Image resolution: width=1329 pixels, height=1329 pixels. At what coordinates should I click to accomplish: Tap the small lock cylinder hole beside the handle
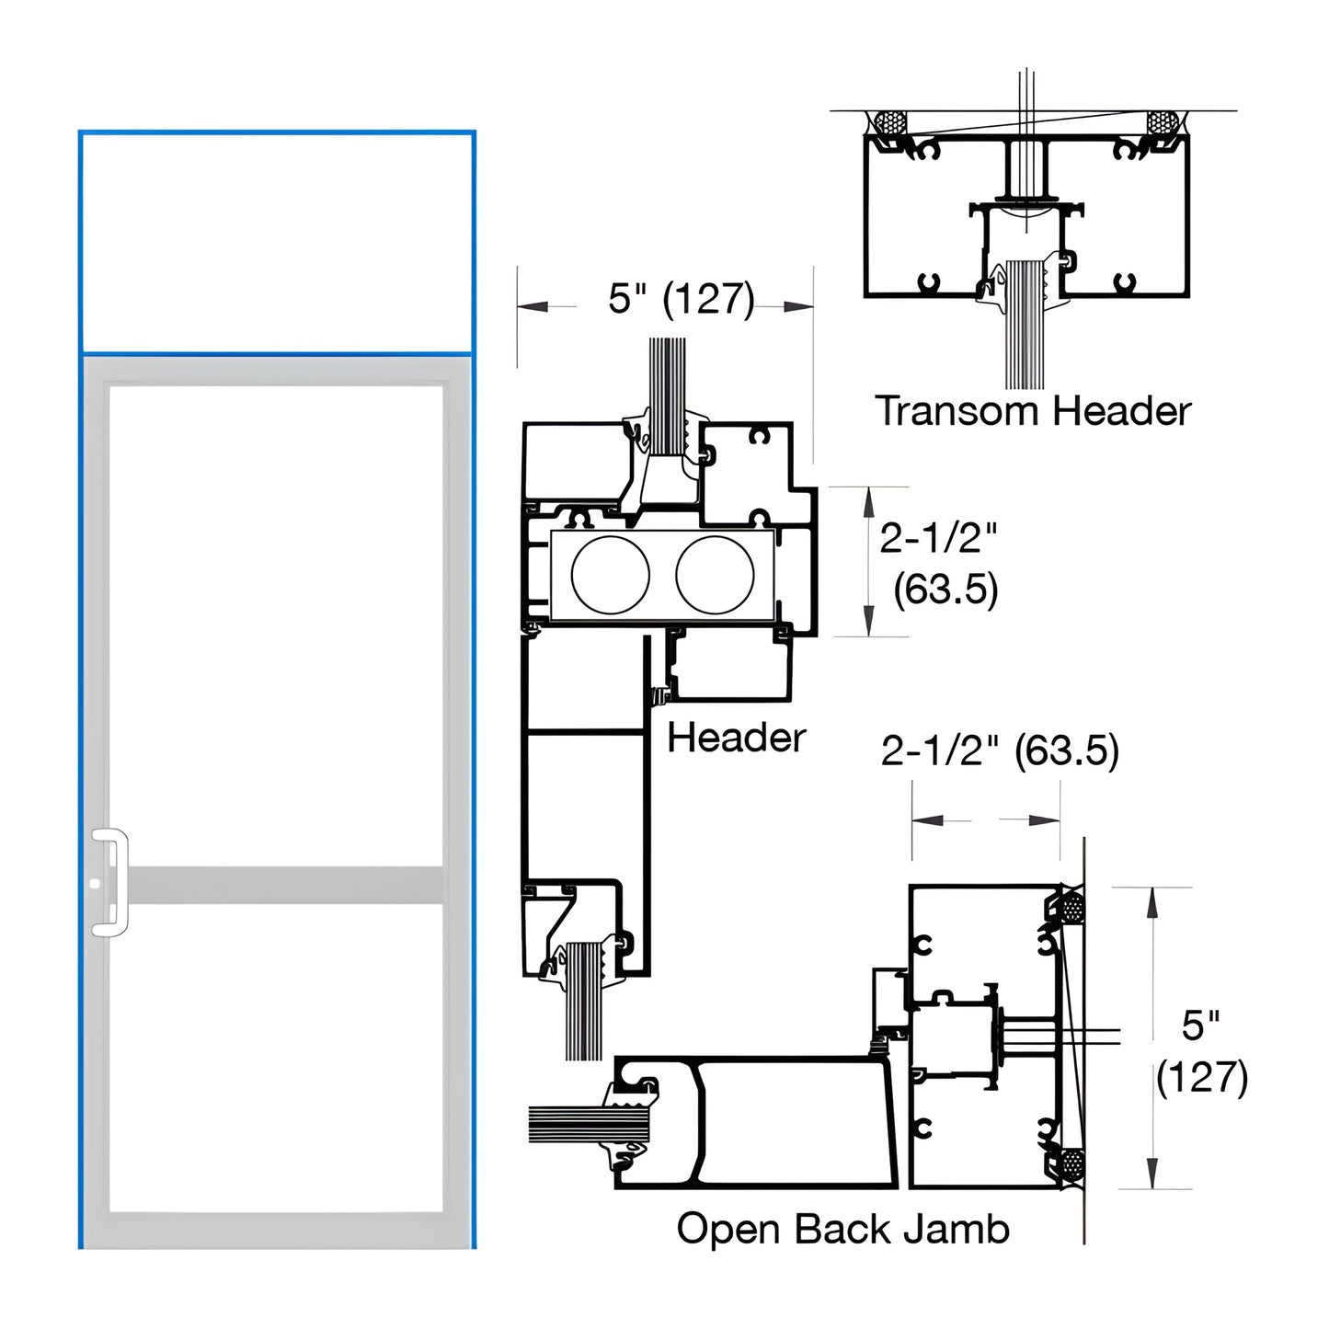(x=96, y=883)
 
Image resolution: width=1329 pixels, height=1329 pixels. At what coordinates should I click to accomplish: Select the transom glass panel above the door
(x=276, y=243)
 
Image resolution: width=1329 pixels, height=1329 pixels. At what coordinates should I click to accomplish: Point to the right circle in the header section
(x=715, y=574)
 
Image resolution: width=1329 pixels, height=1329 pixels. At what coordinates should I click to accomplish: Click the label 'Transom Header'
(x=1032, y=411)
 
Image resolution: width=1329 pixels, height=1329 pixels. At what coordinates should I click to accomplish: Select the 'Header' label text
(x=736, y=738)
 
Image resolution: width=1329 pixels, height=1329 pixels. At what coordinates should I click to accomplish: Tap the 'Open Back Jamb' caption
(x=842, y=1229)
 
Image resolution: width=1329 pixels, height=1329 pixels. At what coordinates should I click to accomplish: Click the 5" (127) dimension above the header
(x=681, y=299)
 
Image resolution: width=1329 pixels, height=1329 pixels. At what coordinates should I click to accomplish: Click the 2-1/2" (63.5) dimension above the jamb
(x=1000, y=750)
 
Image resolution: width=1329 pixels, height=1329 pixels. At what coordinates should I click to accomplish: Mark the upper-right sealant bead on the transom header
(x=1162, y=123)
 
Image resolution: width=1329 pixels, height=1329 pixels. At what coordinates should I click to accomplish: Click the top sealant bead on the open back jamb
(x=1071, y=909)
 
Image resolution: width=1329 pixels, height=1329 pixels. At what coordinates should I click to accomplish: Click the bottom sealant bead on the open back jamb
(x=1071, y=1166)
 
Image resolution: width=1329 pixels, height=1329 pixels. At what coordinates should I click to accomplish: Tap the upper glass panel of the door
(x=276, y=625)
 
